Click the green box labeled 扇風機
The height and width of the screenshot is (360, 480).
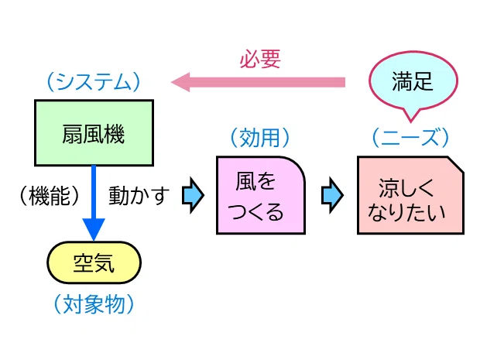point(94,133)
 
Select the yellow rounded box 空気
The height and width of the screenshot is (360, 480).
point(94,262)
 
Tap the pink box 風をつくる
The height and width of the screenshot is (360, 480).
point(260,195)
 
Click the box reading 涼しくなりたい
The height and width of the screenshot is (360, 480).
point(410,195)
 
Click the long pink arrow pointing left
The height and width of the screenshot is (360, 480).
point(258,82)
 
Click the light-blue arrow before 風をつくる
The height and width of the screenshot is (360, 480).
point(193,195)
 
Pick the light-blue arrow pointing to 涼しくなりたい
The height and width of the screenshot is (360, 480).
point(332,195)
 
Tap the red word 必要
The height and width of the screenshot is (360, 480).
point(260,59)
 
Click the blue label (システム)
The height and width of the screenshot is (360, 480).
point(94,82)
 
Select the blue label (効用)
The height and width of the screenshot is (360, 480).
point(260,138)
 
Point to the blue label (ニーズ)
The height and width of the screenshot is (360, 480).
point(410,137)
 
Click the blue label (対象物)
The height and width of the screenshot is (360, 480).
point(94,304)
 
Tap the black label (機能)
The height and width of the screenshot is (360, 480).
point(50,196)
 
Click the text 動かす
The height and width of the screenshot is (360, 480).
point(139,196)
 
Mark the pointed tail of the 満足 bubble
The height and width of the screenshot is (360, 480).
point(410,122)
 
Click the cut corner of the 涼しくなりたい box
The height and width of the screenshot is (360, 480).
point(457,164)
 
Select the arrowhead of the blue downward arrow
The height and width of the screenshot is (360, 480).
point(94,230)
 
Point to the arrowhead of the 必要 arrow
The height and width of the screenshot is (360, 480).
point(180,82)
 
